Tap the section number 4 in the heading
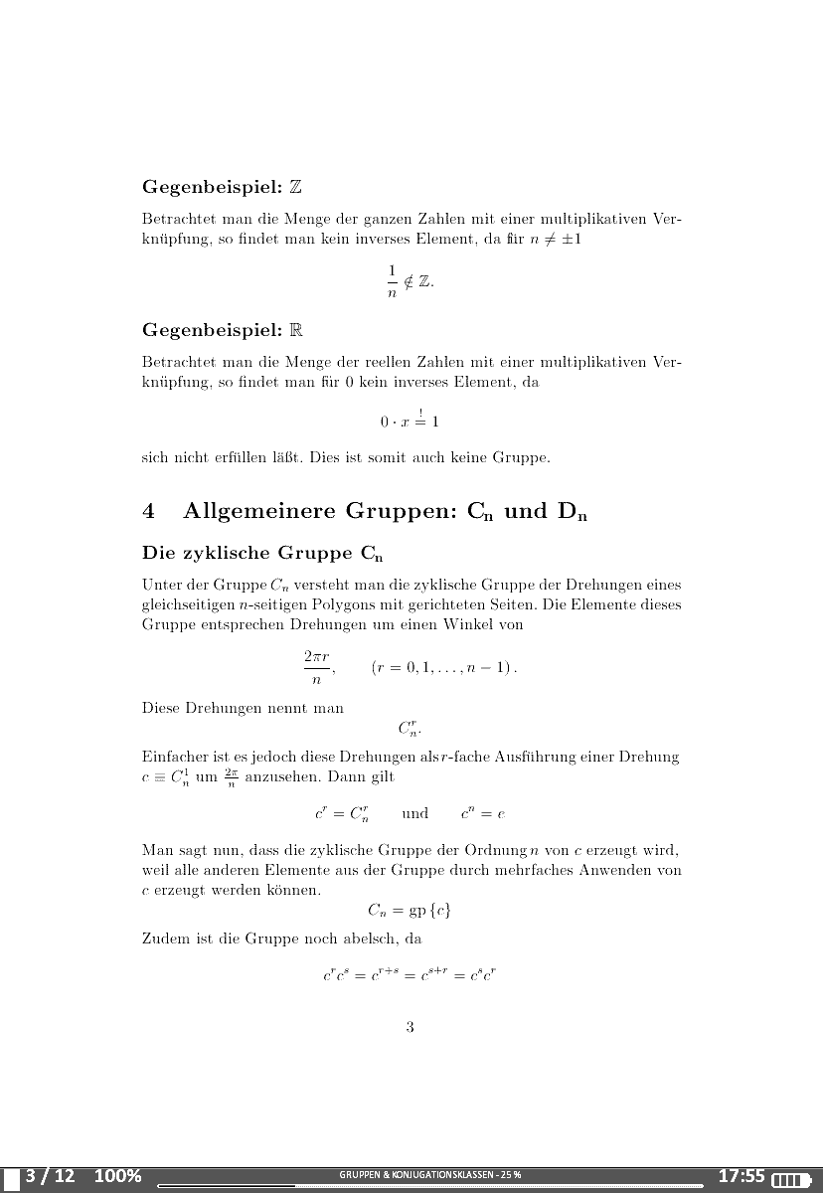(x=149, y=512)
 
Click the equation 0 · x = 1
(x=410, y=421)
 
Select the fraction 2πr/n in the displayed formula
(x=317, y=668)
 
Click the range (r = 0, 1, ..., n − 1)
(x=444, y=668)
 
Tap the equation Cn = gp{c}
(x=410, y=910)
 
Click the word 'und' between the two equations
(x=414, y=813)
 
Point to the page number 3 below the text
(x=410, y=1027)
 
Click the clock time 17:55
(x=741, y=1177)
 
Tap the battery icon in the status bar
(x=792, y=1179)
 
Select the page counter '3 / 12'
(x=51, y=1177)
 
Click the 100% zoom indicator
(x=117, y=1177)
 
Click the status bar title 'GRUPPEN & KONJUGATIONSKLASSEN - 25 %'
(x=429, y=1175)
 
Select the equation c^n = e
(x=483, y=813)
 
